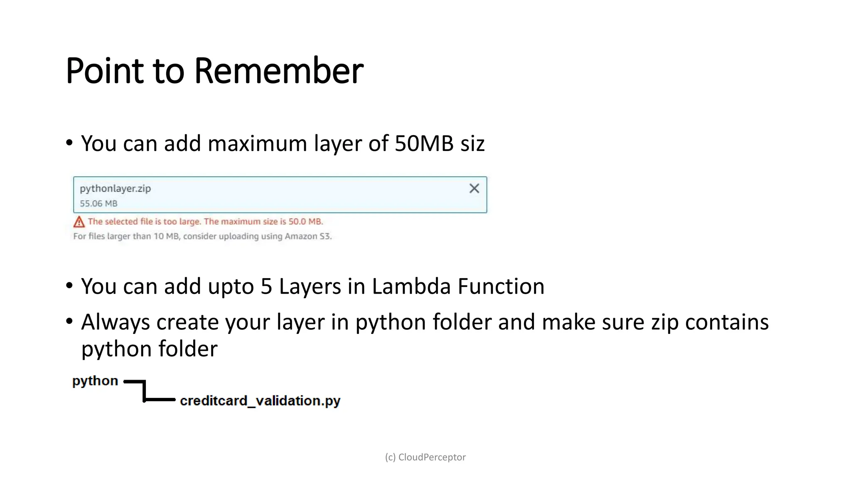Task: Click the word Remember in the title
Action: (x=278, y=71)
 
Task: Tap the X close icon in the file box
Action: (x=474, y=188)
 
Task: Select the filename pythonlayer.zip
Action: (x=115, y=188)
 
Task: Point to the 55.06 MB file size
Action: (x=98, y=203)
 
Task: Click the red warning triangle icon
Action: (x=79, y=222)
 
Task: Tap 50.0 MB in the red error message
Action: (x=305, y=221)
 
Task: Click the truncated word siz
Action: (x=472, y=143)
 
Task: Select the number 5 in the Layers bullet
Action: (x=266, y=286)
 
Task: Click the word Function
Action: (x=501, y=286)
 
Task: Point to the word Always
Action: (x=116, y=322)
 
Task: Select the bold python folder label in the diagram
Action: (x=95, y=381)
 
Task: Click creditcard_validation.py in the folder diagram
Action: (x=260, y=401)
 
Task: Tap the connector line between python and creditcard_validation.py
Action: (x=145, y=391)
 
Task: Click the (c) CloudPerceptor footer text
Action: (x=425, y=457)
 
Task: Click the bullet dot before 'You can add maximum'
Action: (x=69, y=143)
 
